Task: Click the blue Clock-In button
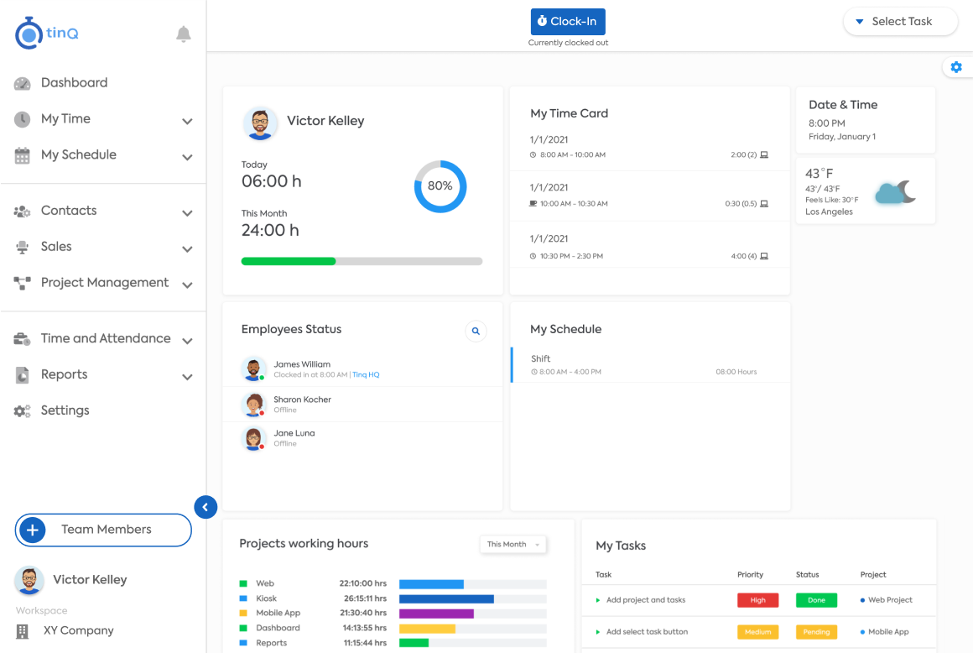568,22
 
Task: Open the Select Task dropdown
900,22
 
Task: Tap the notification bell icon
183,34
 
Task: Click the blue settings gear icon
956,67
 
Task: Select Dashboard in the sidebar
74,82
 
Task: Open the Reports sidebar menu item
64,374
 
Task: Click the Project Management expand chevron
187,285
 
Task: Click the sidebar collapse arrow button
206,507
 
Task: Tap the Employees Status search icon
476,331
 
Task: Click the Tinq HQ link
366,375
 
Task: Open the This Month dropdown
513,545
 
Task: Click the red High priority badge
757,600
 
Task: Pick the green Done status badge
817,600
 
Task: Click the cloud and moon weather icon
896,192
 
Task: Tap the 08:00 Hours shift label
736,372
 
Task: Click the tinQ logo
46,33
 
